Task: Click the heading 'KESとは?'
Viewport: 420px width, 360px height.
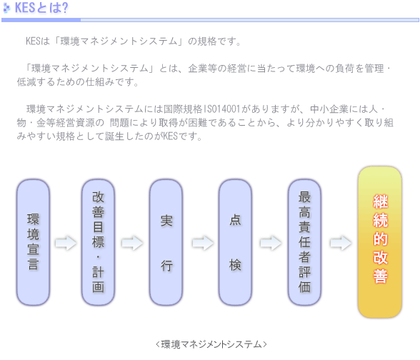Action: click(41, 8)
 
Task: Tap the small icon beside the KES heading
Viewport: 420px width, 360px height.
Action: click(6, 8)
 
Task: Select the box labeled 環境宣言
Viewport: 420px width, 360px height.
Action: click(33, 242)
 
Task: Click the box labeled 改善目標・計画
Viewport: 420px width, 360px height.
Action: click(98, 242)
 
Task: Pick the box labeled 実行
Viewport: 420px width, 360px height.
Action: click(166, 242)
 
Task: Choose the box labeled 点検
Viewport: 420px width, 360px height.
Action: click(235, 242)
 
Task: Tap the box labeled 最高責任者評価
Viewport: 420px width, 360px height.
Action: click(304, 242)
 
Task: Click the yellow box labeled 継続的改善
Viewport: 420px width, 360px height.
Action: click(380, 242)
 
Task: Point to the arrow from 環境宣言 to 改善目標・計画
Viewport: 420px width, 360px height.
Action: click(66, 243)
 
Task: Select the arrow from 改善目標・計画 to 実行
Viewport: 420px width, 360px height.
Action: click(132, 243)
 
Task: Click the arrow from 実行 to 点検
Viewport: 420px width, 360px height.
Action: click(203, 243)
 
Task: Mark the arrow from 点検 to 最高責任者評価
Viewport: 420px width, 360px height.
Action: click(271, 243)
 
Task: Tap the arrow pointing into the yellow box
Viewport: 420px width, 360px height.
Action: click(341, 243)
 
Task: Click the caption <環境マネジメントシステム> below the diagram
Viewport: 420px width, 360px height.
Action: click(211, 344)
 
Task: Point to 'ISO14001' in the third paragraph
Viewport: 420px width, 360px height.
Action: click(222, 109)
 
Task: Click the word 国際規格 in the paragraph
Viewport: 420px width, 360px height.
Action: click(183, 109)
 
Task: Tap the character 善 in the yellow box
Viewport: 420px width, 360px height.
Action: click(380, 276)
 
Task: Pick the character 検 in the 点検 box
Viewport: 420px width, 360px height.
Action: click(235, 265)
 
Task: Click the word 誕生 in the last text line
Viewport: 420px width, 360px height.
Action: click(114, 136)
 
